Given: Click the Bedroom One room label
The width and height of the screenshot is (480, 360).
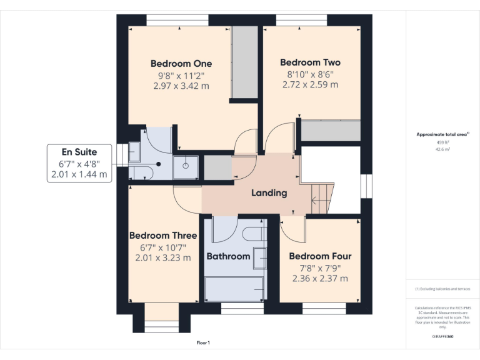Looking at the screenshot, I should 181,63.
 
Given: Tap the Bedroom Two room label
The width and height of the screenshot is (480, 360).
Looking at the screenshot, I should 310,62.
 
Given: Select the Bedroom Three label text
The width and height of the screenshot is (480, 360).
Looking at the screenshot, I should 163,236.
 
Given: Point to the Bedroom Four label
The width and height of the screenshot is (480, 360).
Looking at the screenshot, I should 320,256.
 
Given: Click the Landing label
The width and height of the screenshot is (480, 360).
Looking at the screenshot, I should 269,192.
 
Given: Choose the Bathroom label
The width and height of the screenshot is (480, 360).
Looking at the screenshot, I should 228,256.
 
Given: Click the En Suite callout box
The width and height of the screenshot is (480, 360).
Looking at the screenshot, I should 79,164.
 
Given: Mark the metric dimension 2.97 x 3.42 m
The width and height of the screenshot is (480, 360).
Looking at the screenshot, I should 181,86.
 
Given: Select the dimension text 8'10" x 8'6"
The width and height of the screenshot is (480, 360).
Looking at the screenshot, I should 310,74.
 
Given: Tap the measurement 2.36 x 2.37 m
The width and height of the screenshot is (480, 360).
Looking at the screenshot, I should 320,279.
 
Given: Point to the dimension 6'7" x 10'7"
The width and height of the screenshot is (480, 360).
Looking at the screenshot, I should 163,247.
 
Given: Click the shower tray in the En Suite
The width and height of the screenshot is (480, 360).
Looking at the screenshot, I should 186,166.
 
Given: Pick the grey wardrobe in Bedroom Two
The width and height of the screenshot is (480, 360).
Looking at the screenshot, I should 331,131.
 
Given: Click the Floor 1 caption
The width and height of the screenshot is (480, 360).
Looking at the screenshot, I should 203,343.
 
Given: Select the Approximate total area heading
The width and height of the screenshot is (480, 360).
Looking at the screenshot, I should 442,134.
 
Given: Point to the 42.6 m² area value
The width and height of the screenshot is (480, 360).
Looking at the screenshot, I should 442,149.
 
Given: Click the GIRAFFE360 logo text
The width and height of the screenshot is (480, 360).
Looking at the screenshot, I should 442,336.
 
